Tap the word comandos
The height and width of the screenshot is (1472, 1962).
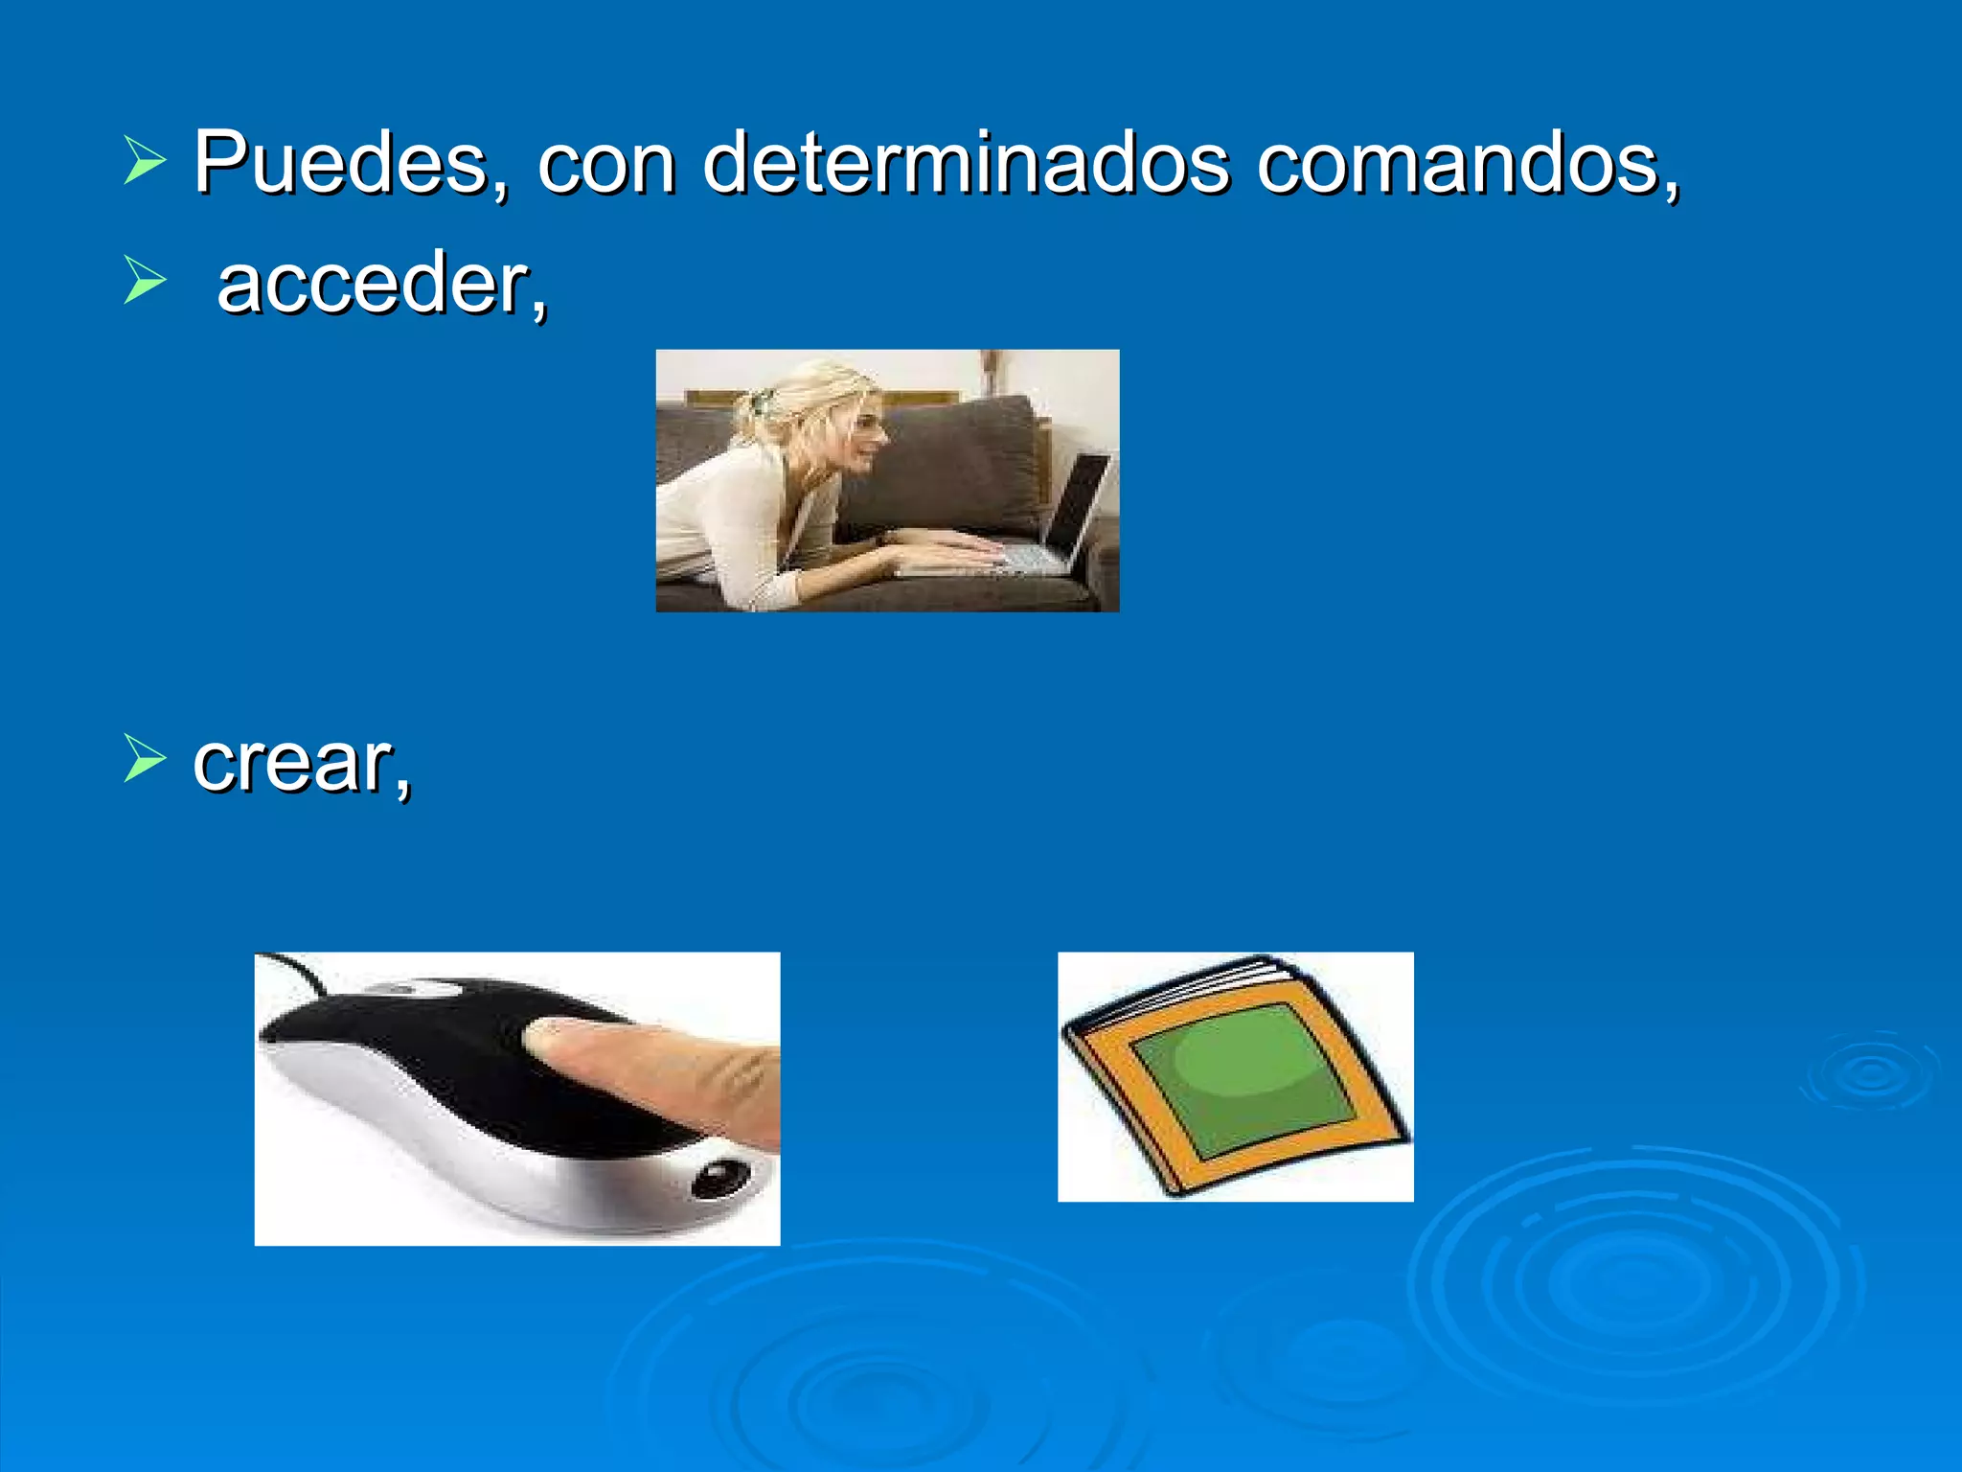(x=1466, y=163)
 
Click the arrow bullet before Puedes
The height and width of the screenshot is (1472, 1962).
(x=145, y=159)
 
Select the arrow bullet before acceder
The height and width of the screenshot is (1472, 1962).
(x=145, y=281)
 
